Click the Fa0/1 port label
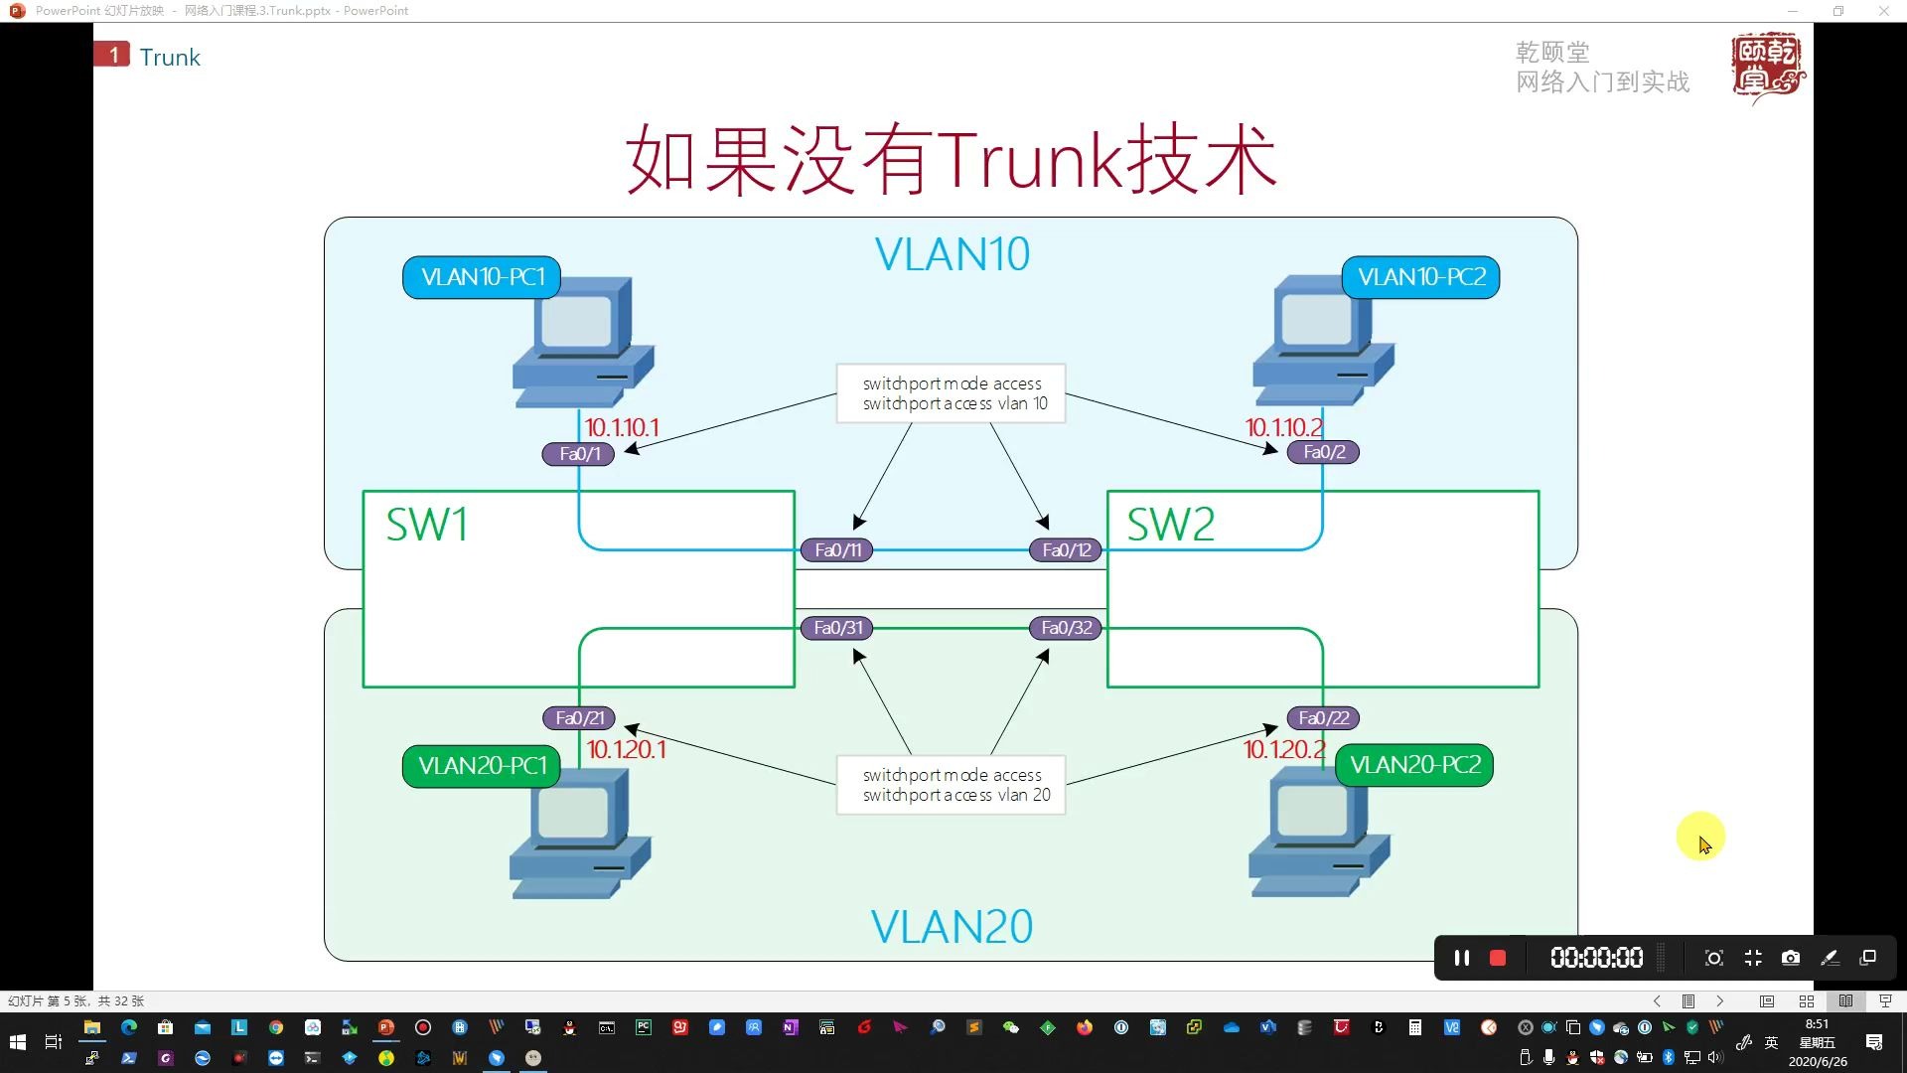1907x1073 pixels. pos(579,454)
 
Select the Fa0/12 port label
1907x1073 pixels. pos(1066,550)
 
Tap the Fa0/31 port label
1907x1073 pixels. pos(838,628)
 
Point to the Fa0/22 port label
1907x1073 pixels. pos(1323,718)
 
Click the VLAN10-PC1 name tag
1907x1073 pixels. pos(483,277)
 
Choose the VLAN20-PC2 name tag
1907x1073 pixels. pos(1414,765)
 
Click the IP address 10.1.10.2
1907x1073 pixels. pos(1283,427)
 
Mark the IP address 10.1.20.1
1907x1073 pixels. pos(626,749)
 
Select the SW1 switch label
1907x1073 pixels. pos(427,525)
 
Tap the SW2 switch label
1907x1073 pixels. pos(1170,525)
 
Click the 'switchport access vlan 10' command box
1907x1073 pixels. pos(952,393)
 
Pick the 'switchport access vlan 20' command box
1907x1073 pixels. pos(952,785)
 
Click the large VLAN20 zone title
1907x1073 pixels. pos(952,927)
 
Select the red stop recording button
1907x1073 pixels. pos(1498,958)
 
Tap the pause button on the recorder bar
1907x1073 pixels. pos(1461,958)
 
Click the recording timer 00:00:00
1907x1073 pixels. pos(1596,958)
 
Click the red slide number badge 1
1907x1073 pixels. pos(112,55)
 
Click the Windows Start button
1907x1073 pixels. pos(17,1042)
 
